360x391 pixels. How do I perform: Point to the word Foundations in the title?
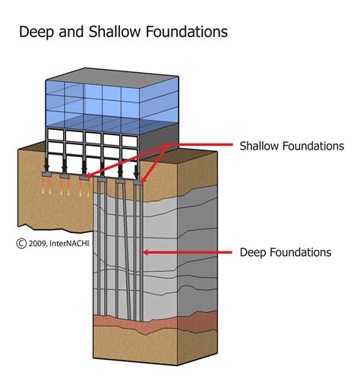coord(177,33)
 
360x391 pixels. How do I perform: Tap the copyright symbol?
coord(21,244)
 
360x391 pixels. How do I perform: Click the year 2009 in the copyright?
coord(39,244)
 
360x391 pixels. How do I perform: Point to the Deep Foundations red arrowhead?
coord(148,251)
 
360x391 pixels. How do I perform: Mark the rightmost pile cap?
coord(139,181)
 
